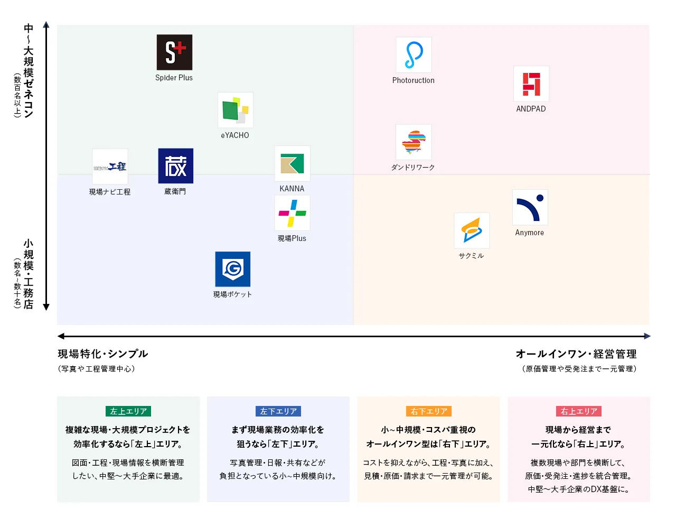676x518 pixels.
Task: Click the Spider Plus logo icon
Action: tap(174, 52)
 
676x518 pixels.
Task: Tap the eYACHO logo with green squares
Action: tap(235, 110)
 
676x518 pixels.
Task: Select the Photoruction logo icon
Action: tap(414, 55)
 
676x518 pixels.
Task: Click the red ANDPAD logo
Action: tap(531, 84)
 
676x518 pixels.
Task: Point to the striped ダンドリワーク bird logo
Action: tap(414, 142)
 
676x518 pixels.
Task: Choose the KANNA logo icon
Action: tap(292, 163)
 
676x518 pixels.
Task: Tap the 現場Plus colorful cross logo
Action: tap(292, 213)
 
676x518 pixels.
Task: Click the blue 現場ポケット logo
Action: tap(233, 269)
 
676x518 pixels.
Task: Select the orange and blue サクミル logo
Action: tap(472, 230)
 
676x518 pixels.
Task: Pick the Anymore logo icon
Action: tap(530, 207)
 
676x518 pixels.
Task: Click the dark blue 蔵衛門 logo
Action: tap(175, 166)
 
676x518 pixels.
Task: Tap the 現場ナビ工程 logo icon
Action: tap(110, 166)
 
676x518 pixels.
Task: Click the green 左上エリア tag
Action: tap(128, 411)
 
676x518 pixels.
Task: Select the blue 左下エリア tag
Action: tap(278, 411)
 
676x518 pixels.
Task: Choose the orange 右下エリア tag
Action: tap(429, 411)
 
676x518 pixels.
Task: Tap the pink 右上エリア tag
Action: tap(579, 411)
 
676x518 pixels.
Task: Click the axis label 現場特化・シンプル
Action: tap(102, 354)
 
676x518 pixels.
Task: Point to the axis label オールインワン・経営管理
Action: tap(576, 354)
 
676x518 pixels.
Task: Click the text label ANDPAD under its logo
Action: tap(531, 109)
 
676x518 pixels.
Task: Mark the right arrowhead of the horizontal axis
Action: tap(647, 336)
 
